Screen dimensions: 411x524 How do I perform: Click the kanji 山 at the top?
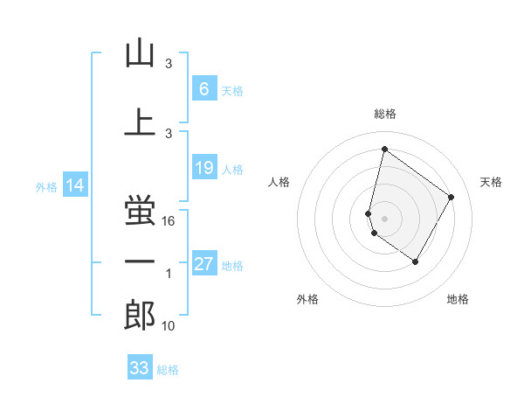pos(140,55)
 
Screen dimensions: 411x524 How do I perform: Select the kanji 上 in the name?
pos(140,122)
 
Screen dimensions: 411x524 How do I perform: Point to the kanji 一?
pos(140,261)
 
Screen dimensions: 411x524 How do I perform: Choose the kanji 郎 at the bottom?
pos(140,316)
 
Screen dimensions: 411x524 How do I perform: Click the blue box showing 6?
pos(203,88)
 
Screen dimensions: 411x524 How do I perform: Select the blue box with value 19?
pos(203,168)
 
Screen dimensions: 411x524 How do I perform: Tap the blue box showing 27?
pos(204,264)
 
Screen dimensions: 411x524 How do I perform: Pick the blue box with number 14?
pos(74,185)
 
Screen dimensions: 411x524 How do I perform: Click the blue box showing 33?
pos(140,368)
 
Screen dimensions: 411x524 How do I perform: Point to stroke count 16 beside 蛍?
pos(169,221)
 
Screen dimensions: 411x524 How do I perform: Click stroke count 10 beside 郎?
pos(169,326)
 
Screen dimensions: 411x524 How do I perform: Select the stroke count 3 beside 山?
pos(169,65)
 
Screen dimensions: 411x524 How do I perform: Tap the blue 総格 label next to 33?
pos(168,370)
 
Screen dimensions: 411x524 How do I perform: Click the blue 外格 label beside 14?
pos(46,186)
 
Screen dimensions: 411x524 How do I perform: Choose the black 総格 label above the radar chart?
pos(384,114)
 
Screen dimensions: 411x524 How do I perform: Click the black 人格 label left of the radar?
pos(279,182)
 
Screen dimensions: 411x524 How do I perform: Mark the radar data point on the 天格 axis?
pos(452,197)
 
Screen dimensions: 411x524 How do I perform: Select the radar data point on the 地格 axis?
pos(416,261)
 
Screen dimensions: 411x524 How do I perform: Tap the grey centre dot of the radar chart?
pos(384,218)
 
